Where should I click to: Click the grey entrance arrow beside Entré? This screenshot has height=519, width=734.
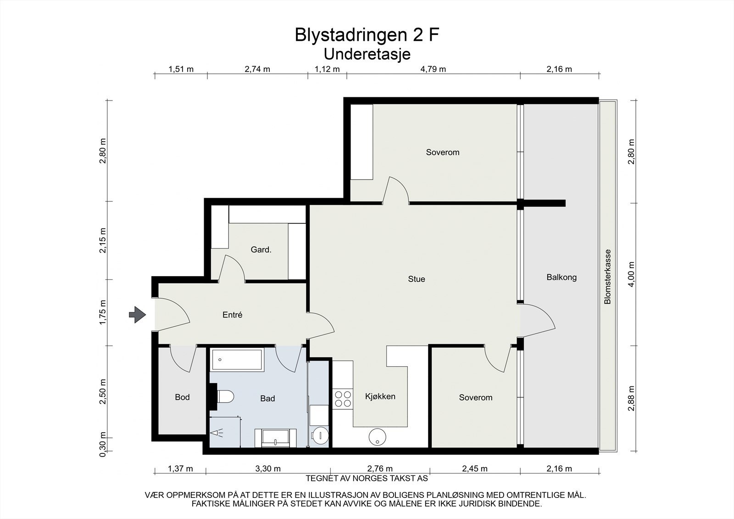point(137,315)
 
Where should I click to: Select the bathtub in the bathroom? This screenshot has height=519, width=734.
point(236,360)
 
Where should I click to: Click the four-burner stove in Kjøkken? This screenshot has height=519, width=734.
point(342,399)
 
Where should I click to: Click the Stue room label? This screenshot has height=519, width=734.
point(417,279)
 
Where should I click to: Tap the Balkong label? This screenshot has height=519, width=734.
point(562,277)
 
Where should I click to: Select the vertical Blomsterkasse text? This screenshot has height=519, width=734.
point(608,276)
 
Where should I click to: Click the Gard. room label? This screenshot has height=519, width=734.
point(261,250)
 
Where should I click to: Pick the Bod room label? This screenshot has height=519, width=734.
point(182,397)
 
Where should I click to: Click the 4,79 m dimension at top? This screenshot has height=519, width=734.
point(433,69)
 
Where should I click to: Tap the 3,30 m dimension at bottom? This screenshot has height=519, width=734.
point(267,469)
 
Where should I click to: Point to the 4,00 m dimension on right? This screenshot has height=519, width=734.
point(632,274)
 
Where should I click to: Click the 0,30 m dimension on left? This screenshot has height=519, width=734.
point(103,444)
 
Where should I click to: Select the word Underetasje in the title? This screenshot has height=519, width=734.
point(367,54)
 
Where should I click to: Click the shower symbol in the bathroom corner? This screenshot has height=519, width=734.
point(217,432)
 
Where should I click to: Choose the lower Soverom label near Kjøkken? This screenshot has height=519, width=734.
point(476,397)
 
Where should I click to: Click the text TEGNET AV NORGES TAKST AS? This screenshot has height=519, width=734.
point(367,479)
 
